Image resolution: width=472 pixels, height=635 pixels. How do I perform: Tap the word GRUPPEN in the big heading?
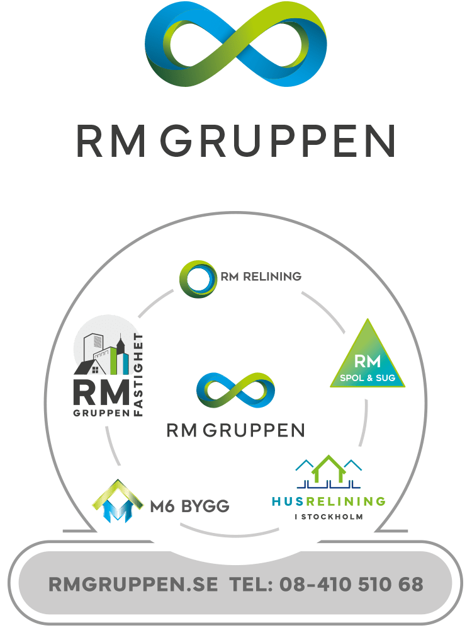pos(281,141)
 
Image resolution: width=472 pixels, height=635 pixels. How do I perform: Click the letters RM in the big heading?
pos(111,141)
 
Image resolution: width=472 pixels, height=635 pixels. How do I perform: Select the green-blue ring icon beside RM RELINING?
pos(198,277)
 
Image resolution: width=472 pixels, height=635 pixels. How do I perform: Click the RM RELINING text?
pos(261,277)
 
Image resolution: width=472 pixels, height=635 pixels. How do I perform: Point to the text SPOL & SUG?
pos(369,379)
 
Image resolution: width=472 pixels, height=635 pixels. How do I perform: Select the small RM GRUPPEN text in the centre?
pos(235,430)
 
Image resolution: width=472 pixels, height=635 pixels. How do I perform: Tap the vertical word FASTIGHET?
pos(139,374)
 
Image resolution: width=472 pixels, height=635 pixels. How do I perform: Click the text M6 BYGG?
pos(189,505)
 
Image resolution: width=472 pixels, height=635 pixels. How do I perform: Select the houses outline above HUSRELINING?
pos(329,472)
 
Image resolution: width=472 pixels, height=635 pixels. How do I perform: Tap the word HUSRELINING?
pos(329,501)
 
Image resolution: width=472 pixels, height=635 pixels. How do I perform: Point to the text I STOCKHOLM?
pos(329,517)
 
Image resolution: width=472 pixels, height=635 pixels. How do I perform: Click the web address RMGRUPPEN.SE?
pos(133,584)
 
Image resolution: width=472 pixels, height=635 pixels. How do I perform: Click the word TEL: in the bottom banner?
pos(252,584)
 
